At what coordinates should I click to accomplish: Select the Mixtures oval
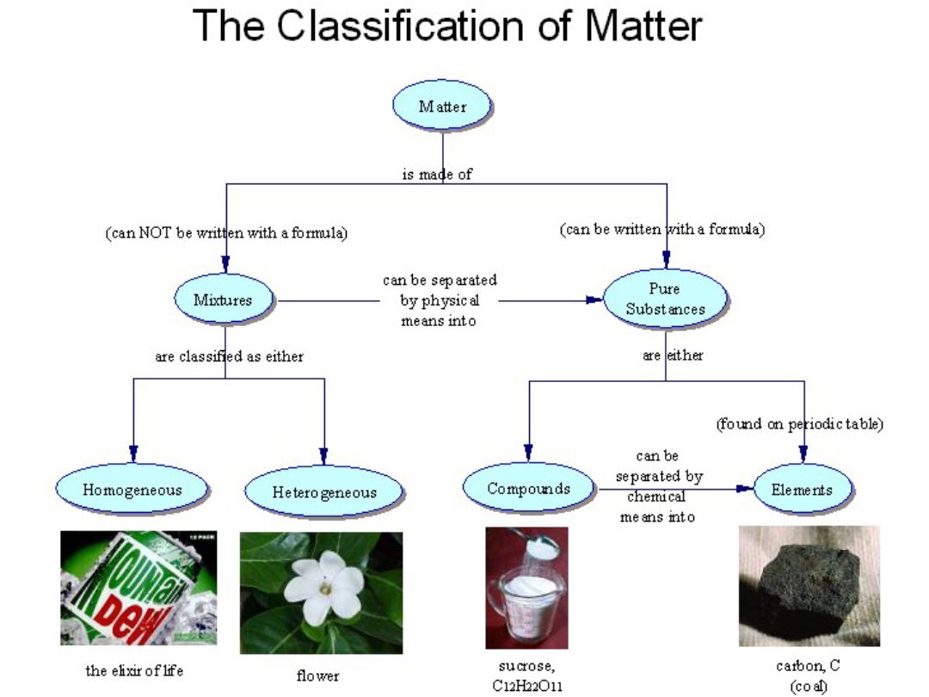[223, 300]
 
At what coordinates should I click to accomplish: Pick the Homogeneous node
[132, 490]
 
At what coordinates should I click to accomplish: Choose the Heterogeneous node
[324, 492]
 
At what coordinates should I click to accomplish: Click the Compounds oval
[528, 489]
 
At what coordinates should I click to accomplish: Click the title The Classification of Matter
[447, 26]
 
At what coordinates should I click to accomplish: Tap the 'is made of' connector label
[437, 174]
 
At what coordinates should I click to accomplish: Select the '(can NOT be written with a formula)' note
[226, 233]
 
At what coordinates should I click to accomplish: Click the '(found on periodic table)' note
[800, 424]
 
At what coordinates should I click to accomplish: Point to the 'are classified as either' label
[229, 355]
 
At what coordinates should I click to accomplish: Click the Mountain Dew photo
[138, 588]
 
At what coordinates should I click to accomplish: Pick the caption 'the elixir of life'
[134, 670]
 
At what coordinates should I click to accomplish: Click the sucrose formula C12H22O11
[527, 686]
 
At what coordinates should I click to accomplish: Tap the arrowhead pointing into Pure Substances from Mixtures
[594, 300]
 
